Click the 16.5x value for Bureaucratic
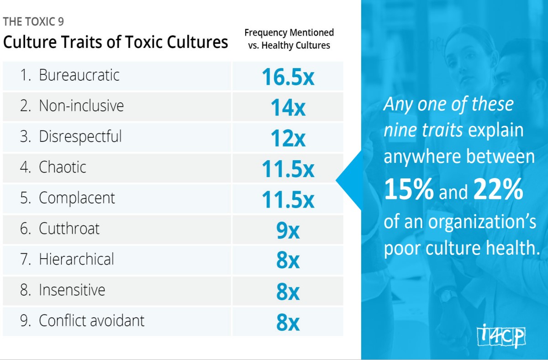[288, 77]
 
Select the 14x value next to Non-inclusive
[288, 108]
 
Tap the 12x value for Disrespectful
[288, 138]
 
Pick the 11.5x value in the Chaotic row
[288, 169]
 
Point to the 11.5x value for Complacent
[288, 199]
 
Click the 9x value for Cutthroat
[288, 230]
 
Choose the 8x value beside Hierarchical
[288, 261]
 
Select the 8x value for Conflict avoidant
[288, 322]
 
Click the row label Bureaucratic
[79, 75]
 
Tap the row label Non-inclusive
[81, 106]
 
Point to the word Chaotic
[63, 167]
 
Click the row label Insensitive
[72, 290]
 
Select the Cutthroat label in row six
[69, 229]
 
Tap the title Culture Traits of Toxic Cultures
[116, 42]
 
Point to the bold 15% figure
[409, 191]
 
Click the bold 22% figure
[498, 191]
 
